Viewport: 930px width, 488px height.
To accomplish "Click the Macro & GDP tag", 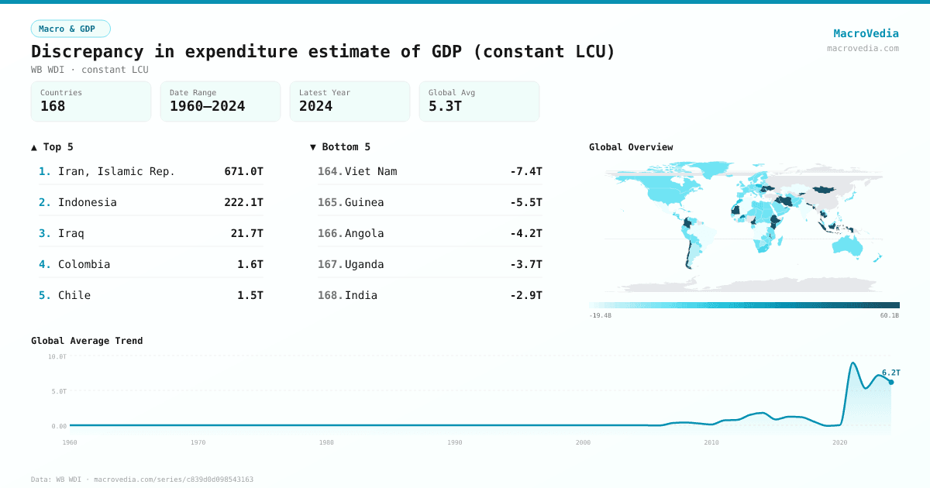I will (71, 29).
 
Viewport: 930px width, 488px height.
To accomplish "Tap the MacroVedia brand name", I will (866, 33).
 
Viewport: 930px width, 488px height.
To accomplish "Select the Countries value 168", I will (53, 106).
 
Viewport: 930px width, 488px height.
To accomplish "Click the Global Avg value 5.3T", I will (445, 106).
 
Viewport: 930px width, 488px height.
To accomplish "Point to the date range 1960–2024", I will (207, 106).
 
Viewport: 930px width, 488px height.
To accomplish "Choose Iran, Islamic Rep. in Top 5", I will (116, 171).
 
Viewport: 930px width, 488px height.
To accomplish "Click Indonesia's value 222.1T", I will (243, 202).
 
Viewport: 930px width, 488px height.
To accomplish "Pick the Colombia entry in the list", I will (84, 264).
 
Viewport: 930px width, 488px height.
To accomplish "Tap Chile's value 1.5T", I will (250, 295).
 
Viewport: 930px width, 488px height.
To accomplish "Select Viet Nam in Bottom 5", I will (370, 171).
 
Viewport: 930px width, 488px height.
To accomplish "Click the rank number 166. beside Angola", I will (330, 233).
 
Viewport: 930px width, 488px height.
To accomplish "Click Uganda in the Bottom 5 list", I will (364, 264).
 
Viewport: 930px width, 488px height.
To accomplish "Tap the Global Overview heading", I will (631, 147).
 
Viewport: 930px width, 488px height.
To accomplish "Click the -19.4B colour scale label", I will (601, 315).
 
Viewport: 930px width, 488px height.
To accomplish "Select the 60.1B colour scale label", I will (889, 315).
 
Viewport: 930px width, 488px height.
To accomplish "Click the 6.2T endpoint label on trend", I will (890, 373).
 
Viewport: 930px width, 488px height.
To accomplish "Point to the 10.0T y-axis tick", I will (57, 356).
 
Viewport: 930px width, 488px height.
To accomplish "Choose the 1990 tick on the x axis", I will (455, 442).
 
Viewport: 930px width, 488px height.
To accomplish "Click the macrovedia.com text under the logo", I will (863, 48).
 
